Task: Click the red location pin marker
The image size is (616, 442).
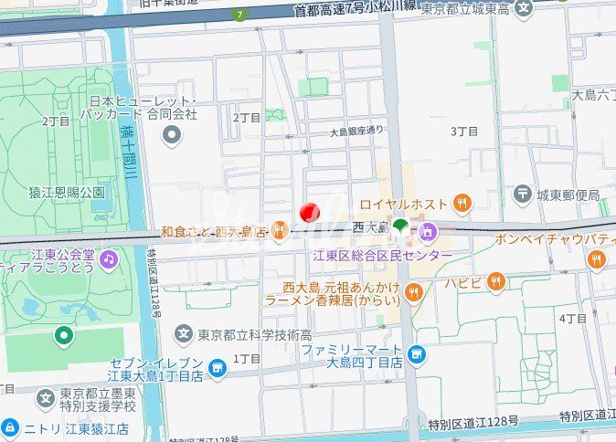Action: (310, 212)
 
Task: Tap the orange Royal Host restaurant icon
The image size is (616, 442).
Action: (463, 203)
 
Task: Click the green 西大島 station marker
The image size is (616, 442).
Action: (400, 225)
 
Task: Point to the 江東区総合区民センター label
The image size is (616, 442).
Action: (381, 255)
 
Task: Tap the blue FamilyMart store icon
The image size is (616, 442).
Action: (417, 353)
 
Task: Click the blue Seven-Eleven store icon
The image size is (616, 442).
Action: (217, 368)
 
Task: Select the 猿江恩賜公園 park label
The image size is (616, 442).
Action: (67, 193)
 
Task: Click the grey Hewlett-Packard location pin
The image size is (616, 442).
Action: (171, 136)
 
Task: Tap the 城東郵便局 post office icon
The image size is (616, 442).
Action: (522, 194)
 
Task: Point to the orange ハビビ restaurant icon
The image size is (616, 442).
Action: (497, 281)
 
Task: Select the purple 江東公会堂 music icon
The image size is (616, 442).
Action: (109, 259)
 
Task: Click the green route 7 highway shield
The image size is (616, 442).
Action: (239, 15)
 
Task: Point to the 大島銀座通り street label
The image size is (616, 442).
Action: (357, 132)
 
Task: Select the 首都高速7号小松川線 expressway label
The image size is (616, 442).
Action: (354, 10)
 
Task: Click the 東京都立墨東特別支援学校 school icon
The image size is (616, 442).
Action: (47, 399)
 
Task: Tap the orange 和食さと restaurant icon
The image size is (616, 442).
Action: (280, 232)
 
